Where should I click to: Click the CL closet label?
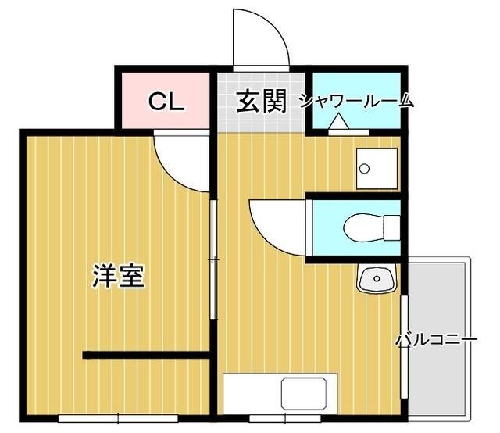pyautogui.click(x=166, y=102)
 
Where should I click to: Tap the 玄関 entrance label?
pyautogui.click(x=261, y=102)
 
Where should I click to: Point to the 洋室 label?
pyautogui.click(x=119, y=276)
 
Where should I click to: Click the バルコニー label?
pyautogui.click(x=435, y=341)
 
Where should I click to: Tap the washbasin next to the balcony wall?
pyautogui.click(x=377, y=278)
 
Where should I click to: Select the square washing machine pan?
pyautogui.click(x=377, y=168)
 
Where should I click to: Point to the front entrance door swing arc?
pyautogui.click(x=262, y=38)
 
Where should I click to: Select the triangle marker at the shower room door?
pyautogui.click(x=337, y=123)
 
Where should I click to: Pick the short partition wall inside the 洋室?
pyautogui.click(x=146, y=356)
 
